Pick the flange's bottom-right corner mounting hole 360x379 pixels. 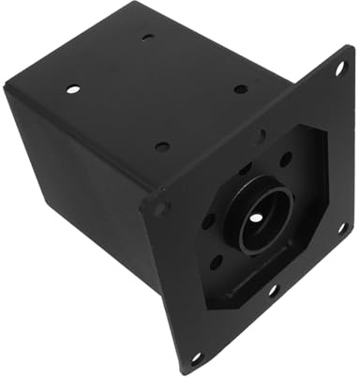(342, 227)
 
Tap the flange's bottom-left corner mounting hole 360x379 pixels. (196, 356)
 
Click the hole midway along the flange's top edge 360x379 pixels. (261, 135)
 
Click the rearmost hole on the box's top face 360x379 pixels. (148, 37)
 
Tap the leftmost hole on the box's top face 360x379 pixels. (73, 89)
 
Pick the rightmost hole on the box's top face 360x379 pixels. (241, 89)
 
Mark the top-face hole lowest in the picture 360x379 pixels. (162, 146)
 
